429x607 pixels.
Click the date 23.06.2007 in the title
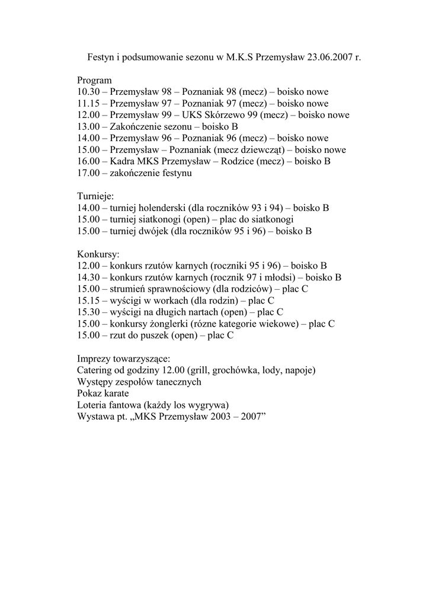tap(328, 57)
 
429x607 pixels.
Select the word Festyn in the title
tap(100, 57)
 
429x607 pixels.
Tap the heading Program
tap(94, 81)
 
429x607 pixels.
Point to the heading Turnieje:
tap(95, 196)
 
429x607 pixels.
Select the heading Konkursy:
tap(98, 254)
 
